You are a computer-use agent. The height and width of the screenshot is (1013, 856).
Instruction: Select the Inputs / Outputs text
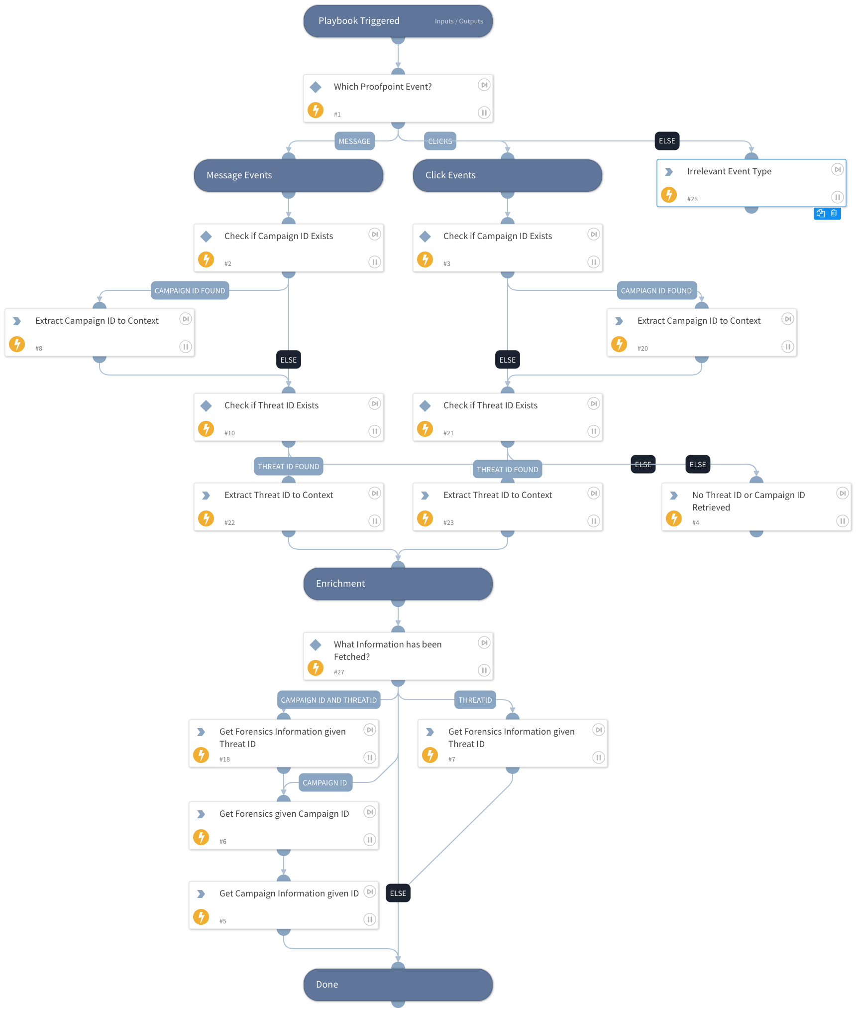pyautogui.click(x=458, y=21)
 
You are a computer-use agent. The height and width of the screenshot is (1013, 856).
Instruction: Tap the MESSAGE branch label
pyautogui.click(x=354, y=141)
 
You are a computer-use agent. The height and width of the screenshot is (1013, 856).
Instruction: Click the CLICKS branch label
pyautogui.click(x=440, y=141)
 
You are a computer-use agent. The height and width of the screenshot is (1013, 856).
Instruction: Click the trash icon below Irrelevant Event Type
pyautogui.click(x=834, y=213)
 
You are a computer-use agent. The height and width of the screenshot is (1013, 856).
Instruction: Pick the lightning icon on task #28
pyautogui.click(x=669, y=194)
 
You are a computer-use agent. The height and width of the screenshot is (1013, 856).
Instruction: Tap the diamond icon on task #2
pyautogui.click(x=206, y=236)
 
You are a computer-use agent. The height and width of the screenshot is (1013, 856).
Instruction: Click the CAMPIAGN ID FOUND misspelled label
pyautogui.click(x=656, y=290)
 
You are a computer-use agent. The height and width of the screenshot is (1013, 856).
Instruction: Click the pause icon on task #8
pyautogui.click(x=185, y=347)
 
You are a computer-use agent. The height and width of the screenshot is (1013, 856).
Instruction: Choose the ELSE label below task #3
pyautogui.click(x=507, y=360)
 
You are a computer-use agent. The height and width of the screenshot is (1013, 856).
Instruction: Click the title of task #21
pyautogui.click(x=490, y=405)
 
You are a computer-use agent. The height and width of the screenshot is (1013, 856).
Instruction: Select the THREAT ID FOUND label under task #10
pyautogui.click(x=288, y=466)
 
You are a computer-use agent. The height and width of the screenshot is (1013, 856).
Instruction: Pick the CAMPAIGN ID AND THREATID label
pyautogui.click(x=328, y=700)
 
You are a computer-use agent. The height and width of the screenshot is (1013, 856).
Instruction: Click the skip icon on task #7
pyautogui.click(x=598, y=730)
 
